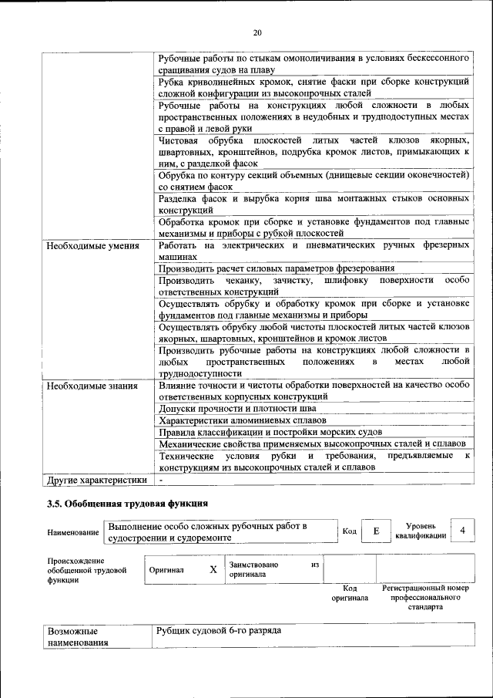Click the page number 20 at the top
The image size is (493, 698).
[257, 32]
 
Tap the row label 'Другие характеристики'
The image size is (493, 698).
[97, 479]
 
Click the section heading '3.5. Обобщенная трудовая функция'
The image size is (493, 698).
[127, 504]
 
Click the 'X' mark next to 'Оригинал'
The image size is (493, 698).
[213, 570]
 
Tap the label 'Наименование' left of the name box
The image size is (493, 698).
[73, 532]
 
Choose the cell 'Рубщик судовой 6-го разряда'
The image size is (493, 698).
[220, 631]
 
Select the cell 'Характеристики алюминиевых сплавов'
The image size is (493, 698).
[242, 420]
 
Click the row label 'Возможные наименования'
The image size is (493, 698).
[77, 636]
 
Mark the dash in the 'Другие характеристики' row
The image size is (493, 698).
[162, 479]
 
